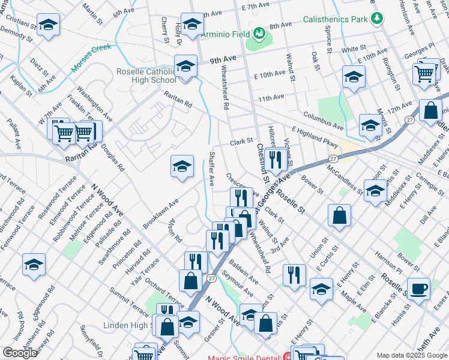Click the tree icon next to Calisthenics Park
[x=376, y=19]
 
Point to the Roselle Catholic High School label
[x=146, y=76]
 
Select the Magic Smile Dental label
[x=245, y=358]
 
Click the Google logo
[x=20, y=353]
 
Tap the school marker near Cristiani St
[x=48, y=25]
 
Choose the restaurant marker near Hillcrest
[x=274, y=159]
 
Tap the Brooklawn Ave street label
[x=161, y=214]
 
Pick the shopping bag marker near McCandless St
[x=339, y=216]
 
